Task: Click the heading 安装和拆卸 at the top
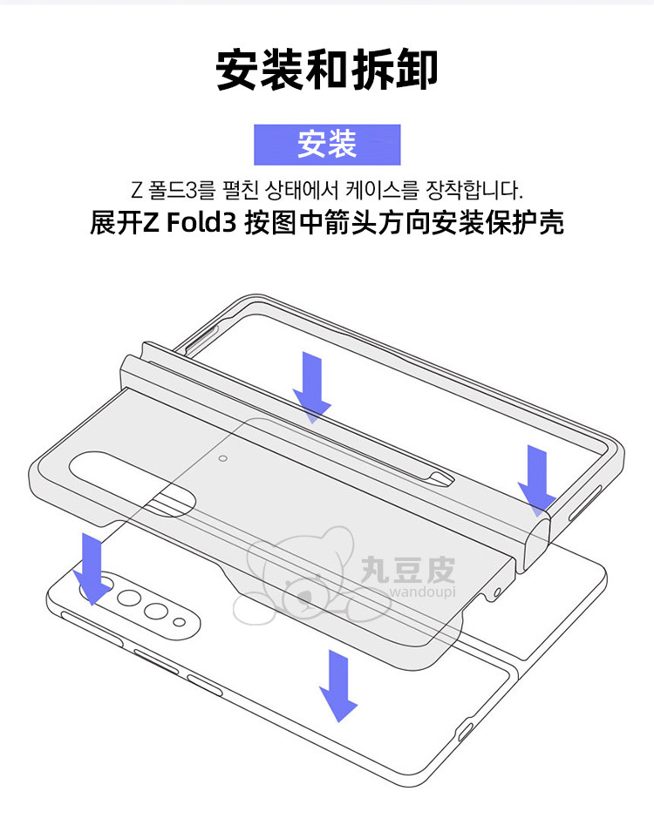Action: [x=327, y=71]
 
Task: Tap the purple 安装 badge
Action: [x=327, y=145]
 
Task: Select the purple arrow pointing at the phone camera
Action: [x=91, y=566]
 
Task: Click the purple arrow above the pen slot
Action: [x=311, y=382]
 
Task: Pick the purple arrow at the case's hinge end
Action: [x=536, y=477]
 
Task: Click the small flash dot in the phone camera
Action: [x=180, y=620]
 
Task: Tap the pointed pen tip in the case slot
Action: [x=445, y=477]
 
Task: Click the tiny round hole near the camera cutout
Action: [x=224, y=456]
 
